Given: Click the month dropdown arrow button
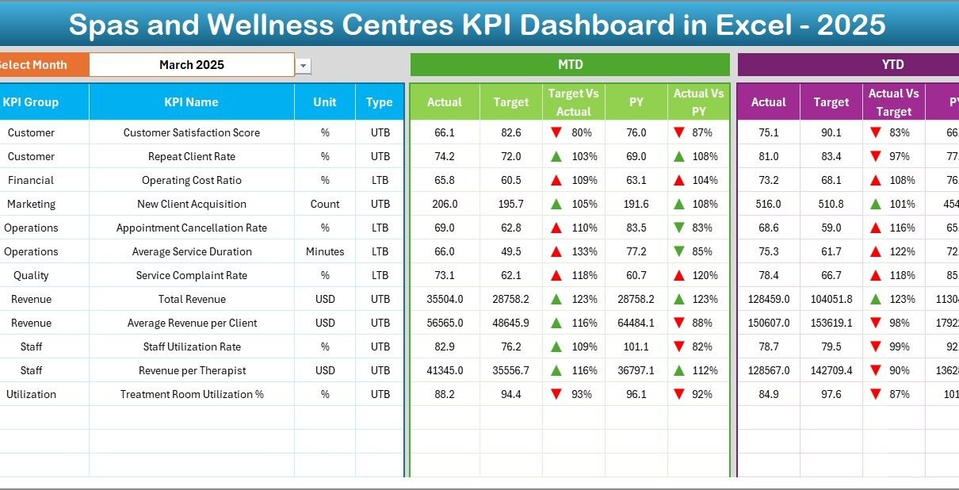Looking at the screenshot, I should click(x=304, y=66).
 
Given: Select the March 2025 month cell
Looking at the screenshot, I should click(x=191, y=65).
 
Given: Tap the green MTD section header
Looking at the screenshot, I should click(x=570, y=64).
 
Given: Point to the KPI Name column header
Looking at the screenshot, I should click(x=191, y=102).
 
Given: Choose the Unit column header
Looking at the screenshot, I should click(x=325, y=102).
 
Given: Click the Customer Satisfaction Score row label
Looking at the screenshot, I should click(x=191, y=132).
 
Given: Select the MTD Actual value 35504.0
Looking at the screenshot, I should click(x=444, y=299).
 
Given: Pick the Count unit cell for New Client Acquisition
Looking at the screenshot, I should click(x=325, y=204).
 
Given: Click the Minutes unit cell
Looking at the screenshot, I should click(x=325, y=251).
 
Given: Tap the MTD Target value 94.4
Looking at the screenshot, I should click(x=510, y=394).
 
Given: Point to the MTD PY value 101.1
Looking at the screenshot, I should click(x=636, y=346).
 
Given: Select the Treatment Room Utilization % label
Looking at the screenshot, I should click(x=191, y=394).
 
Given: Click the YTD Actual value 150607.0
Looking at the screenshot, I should click(x=768, y=323).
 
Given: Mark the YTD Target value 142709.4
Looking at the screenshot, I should click(x=831, y=370).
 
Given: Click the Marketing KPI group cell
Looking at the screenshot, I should click(x=31, y=204).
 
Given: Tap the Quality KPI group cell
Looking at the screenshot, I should click(x=31, y=275).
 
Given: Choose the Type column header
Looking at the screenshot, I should click(x=380, y=102).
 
